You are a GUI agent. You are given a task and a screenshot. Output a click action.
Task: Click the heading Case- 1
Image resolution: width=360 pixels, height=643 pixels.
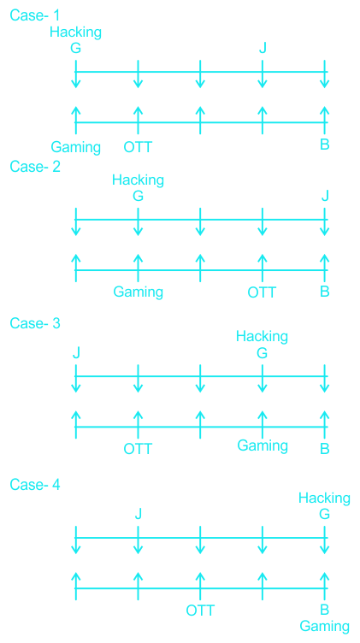[x=35, y=15]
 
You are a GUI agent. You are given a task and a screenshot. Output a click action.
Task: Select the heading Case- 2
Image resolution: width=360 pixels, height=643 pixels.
[x=35, y=167]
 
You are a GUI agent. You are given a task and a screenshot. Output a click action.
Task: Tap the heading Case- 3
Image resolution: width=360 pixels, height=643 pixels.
[x=35, y=323]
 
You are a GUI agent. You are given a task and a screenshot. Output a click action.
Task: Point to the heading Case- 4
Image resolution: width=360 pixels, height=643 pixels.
[x=35, y=485]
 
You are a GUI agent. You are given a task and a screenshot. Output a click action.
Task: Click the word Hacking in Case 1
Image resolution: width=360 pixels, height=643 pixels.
[x=76, y=32]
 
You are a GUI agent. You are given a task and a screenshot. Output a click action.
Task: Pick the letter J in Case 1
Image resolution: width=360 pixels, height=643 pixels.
[x=263, y=49]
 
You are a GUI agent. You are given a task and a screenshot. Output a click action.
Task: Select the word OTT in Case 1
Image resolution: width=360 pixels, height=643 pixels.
[x=138, y=146]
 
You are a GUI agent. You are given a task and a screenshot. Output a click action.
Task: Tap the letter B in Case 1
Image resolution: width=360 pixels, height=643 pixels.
[x=325, y=145]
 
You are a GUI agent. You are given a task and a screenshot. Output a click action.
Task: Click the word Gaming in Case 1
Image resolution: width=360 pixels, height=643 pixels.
[x=76, y=147]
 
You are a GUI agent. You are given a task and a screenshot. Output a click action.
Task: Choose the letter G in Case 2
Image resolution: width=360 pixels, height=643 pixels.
[x=139, y=196]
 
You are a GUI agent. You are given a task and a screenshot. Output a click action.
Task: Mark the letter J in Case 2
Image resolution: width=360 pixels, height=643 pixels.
[x=325, y=196]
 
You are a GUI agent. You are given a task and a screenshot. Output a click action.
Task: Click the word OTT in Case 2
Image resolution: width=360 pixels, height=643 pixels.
[x=263, y=292]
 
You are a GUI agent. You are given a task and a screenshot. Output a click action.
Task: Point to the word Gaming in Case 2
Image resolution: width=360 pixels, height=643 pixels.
[x=139, y=292]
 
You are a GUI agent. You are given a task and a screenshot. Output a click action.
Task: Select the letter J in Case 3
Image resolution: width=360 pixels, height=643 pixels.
[x=76, y=352]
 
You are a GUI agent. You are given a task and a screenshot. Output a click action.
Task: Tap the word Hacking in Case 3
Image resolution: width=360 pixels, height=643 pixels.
[x=262, y=337]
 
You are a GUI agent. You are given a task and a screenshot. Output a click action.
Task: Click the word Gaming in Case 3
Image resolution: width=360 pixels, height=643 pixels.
[x=263, y=445]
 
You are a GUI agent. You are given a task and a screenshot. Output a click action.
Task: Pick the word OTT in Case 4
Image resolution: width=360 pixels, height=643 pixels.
[x=200, y=611]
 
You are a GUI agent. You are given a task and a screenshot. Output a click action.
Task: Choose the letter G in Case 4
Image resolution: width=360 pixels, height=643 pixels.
[x=324, y=514]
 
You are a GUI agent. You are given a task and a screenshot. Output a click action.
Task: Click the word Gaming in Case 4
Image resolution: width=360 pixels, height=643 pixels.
[x=324, y=627]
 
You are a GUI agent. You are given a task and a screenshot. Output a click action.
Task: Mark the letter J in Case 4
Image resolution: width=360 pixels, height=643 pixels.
[x=139, y=514]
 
